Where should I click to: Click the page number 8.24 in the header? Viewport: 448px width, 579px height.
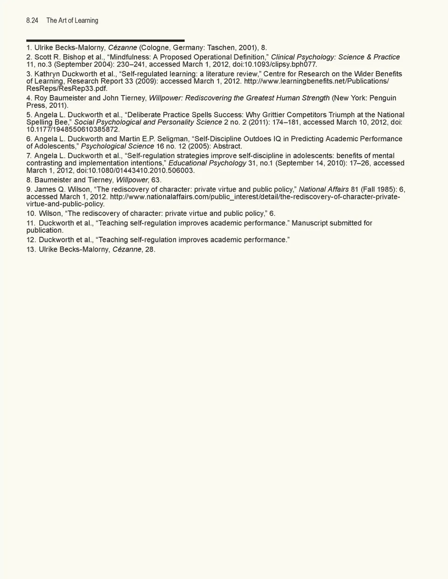[x=32, y=21]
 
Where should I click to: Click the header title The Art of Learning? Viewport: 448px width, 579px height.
[x=72, y=21]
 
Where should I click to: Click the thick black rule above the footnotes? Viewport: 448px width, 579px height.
[x=105, y=41]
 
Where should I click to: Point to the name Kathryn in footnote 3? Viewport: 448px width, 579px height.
[x=48, y=74]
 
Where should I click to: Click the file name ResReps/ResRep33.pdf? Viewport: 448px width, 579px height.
[x=67, y=89]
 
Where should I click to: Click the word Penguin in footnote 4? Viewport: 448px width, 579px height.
[x=383, y=98]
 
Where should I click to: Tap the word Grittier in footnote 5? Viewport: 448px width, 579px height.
[x=278, y=115]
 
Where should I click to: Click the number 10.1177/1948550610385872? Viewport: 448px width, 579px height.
[x=73, y=130]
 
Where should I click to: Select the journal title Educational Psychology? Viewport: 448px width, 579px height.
[x=207, y=163]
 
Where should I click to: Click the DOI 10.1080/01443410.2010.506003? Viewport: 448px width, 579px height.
[x=135, y=171]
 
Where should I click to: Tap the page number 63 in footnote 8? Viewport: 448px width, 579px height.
[x=156, y=180]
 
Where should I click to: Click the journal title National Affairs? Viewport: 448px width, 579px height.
[x=323, y=189]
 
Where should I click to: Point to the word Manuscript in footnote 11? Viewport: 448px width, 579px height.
[x=309, y=223]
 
